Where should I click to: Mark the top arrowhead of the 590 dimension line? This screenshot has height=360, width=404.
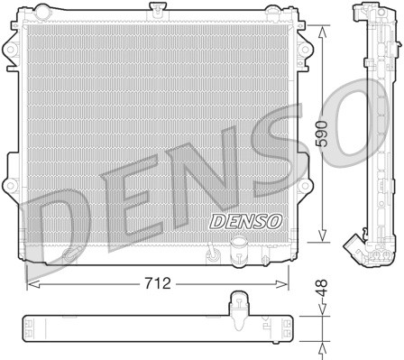323,26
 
